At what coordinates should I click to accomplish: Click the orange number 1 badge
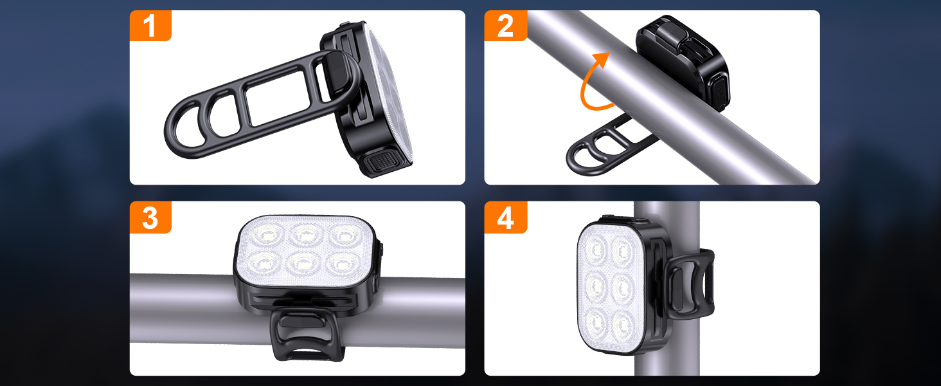point(150,26)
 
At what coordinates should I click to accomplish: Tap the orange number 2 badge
point(505,26)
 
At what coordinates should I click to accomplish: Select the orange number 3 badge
point(150,217)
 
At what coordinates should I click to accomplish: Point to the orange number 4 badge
point(505,217)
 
